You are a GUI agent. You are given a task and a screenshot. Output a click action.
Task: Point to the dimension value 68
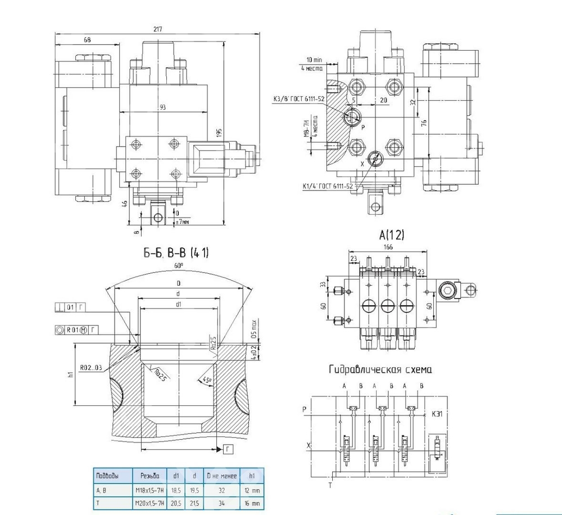[x=87, y=39]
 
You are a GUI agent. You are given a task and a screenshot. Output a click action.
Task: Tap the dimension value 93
[x=162, y=107]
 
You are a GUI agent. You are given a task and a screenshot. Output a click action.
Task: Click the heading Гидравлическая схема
[x=380, y=369]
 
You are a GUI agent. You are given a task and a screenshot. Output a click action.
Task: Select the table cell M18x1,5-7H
[x=149, y=490]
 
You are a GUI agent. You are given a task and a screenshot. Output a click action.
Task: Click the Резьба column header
[x=149, y=476]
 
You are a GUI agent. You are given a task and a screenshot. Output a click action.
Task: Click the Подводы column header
[x=108, y=476]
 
